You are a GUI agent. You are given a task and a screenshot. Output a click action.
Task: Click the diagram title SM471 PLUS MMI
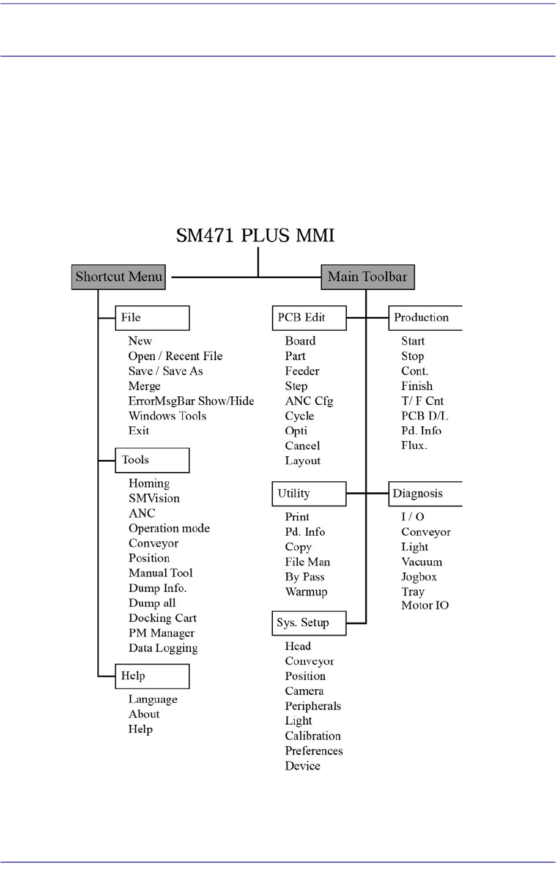[x=255, y=235]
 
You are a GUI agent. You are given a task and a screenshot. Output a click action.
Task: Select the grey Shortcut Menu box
[x=119, y=277]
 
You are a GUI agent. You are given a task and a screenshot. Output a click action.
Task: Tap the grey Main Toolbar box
[x=368, y=277]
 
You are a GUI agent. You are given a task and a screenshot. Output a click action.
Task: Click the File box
[x=152, y=318]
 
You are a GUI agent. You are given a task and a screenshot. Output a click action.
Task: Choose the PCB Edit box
[x=309, y=318]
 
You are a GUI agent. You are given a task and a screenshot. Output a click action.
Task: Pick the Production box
[x=425, y=318]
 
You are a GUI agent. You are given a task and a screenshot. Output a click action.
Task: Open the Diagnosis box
[x=425, y=494]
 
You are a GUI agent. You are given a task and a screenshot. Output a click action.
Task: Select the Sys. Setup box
[x=309, y=623]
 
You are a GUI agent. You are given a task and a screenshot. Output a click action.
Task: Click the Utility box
[x=309, y=494]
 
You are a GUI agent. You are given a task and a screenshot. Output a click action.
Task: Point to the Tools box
[x=152, y=460]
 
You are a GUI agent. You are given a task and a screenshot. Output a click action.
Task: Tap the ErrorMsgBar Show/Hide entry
[x=191, y=401]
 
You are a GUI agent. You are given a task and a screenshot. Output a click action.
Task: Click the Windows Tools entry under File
[x=167, y=416]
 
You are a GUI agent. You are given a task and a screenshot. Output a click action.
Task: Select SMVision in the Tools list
[x=154, y=498]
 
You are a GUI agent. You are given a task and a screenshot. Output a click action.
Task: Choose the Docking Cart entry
[x=162, y=618]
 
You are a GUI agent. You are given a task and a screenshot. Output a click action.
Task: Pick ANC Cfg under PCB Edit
[x=309, y=401]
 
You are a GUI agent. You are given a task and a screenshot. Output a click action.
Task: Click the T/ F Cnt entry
[x=422, y=401]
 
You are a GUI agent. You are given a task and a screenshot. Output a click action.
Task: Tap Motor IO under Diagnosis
[x=424, y=605]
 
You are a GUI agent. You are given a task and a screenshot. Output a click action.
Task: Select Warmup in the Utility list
[x=306, y=592]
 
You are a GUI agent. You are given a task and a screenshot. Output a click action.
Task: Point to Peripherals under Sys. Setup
[x=313, y=706]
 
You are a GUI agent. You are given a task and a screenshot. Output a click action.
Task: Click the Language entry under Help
[x=152, y=699]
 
